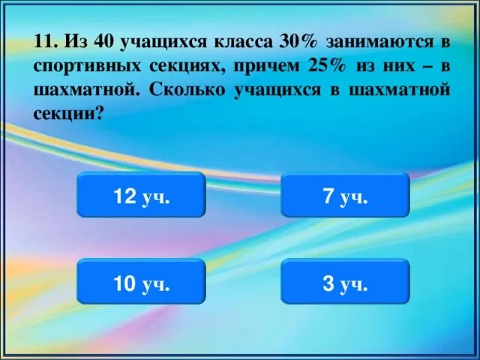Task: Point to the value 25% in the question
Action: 327,64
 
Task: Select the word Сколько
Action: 187,90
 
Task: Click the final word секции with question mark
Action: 69,114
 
